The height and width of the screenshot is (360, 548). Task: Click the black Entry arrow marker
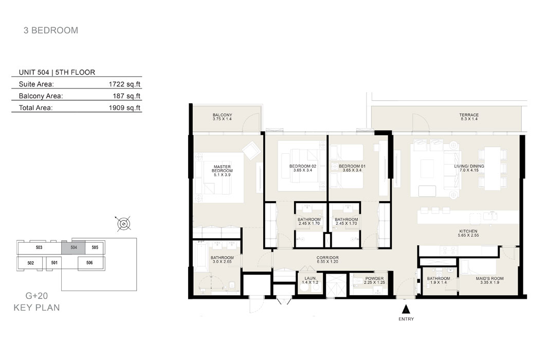tap(406, 309)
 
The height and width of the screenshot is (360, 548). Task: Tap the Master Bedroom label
tap(222, 171)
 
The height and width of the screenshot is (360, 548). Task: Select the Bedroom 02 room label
tap(303, 168)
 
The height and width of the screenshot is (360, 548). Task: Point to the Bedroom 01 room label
tap(352, 168)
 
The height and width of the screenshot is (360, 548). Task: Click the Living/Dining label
tap(469, 168)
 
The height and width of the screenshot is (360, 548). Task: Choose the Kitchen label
tap(468, 233)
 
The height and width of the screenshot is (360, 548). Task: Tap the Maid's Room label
tap(489, 280)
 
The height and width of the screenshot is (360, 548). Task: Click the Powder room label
tap(374, 280)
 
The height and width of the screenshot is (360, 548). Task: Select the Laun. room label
tap(310, 280)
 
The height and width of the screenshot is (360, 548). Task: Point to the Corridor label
tap(327, 259)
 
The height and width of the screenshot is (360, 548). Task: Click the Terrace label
tap(469, 117)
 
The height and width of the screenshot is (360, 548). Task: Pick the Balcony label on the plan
tap(222, 117)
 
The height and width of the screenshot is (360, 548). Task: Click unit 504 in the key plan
tap(74, 247)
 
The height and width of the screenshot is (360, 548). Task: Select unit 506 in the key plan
tap(89, 263)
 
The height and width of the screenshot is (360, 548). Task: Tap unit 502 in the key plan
tap(30, 263)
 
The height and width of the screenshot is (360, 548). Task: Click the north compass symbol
tap(124, 223)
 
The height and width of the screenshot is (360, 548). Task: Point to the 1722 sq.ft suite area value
tap(124, 84)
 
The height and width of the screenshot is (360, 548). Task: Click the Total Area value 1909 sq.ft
tap(124, 107)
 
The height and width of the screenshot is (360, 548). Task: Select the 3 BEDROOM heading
tap(51, 30)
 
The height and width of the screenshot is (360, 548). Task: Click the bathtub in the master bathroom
tap(200, 257)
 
